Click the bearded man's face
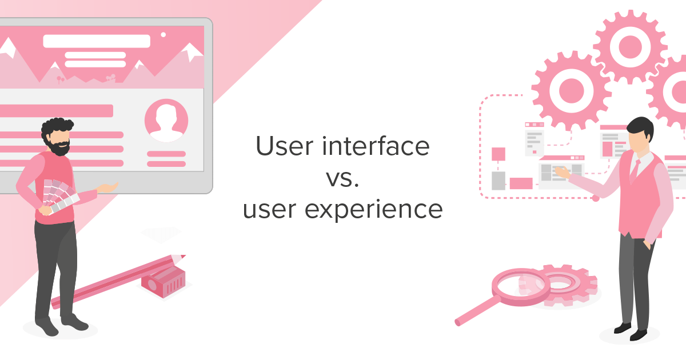pos(60,140)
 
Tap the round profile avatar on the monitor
pos(166,121)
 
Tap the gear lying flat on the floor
pos(563,284)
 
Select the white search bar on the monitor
pos(97,41)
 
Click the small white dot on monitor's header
pos(163,35)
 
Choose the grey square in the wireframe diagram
pos(498,181)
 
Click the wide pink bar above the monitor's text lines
pos(57,110)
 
